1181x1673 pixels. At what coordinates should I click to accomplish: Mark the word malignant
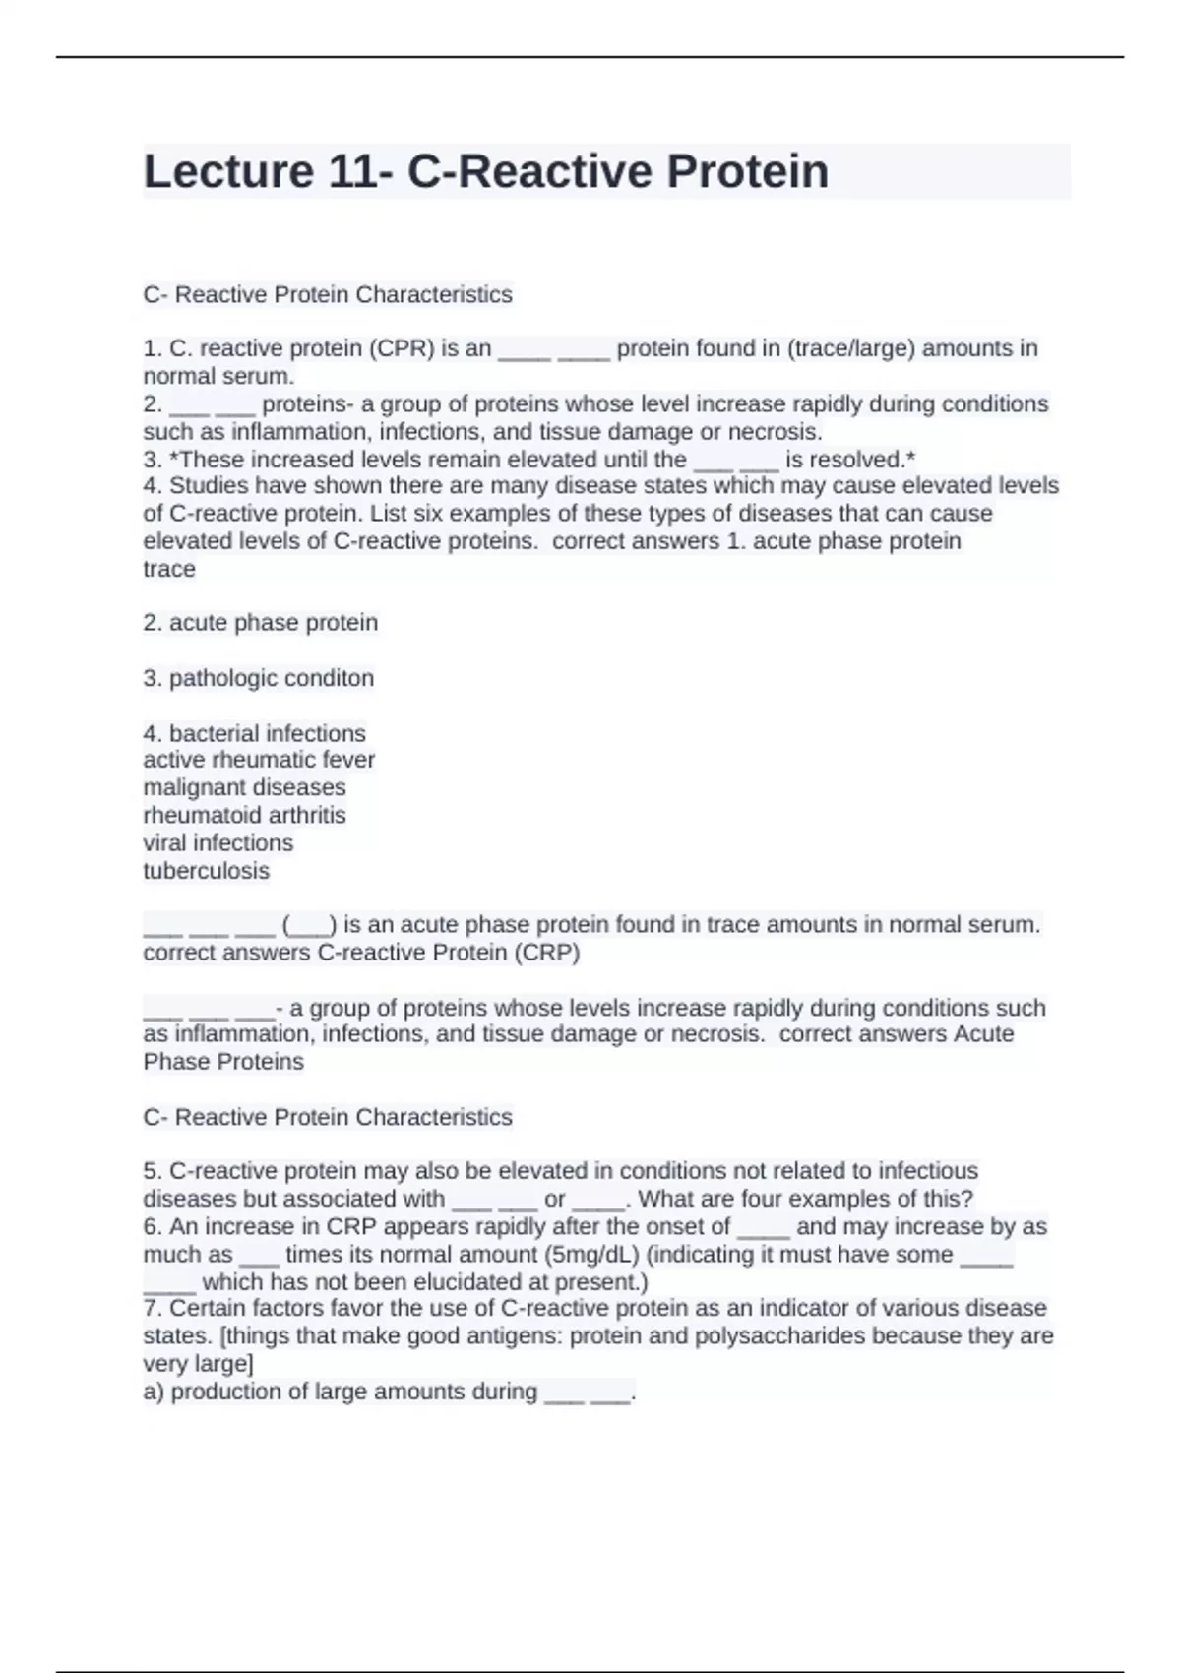[190, 787]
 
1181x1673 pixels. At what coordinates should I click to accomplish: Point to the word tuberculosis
[206, 871]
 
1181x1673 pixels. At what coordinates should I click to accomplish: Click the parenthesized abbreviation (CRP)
[546, 953]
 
